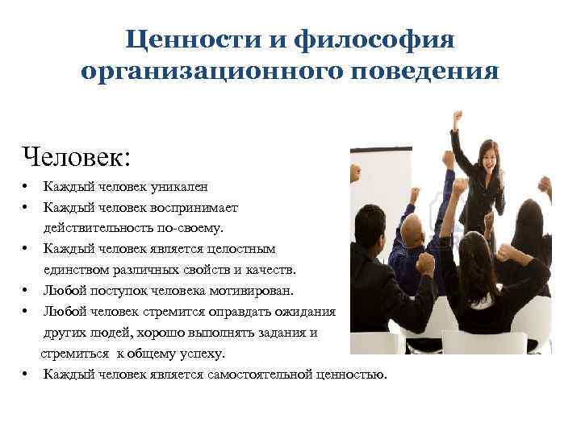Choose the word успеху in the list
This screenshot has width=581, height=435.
coord(202,354)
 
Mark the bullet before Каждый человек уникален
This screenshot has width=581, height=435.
coord(27,187)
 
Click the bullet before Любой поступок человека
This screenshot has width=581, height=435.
coord(27,291)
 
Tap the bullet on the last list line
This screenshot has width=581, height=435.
coord(27,375)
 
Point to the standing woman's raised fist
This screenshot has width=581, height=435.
coord(458,118)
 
